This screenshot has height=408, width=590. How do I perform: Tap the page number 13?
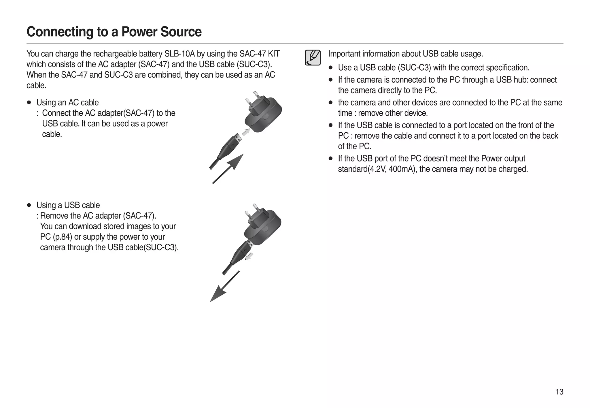tap(559, 392)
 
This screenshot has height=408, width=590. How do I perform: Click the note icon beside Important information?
tap(313, 58)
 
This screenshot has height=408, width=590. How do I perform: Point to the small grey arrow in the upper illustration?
tap(246, 132)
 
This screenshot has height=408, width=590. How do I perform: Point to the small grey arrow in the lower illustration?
tap(249, 256)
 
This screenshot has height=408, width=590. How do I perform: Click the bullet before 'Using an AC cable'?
tap(29, 103)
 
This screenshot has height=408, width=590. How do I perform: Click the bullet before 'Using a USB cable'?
tap(29, 205)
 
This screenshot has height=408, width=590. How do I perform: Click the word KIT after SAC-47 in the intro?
tap(274, 54)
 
